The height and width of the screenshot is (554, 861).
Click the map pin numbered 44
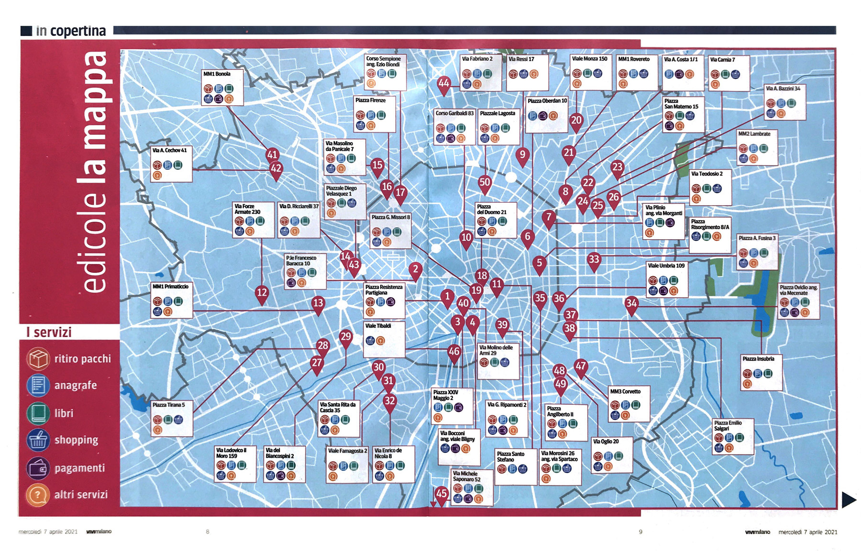(444, 83)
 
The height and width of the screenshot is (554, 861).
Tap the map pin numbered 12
(262, 293)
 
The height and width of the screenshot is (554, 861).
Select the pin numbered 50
(485, 182)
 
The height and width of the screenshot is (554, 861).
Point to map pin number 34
(631, 303)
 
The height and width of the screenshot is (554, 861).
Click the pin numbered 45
(441, 494)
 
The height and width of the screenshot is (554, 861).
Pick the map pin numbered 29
(345, 337)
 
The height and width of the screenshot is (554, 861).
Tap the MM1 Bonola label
(217, 74)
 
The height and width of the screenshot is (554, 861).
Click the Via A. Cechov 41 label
(169, 150)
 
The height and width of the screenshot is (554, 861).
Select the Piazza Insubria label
(758, 359)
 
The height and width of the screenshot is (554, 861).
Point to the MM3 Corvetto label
(625, 391)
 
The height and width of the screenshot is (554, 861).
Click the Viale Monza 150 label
(589, 59)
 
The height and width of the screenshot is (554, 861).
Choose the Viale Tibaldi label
(378, 326)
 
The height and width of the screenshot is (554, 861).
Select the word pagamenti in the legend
(79, 468)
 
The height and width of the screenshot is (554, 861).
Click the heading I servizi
(49, 332)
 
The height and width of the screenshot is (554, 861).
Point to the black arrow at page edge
(849, 500)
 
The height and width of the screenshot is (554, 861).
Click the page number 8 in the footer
(208, 532)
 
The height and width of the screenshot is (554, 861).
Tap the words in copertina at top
(71, 31)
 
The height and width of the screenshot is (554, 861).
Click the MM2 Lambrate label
(754, 134)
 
